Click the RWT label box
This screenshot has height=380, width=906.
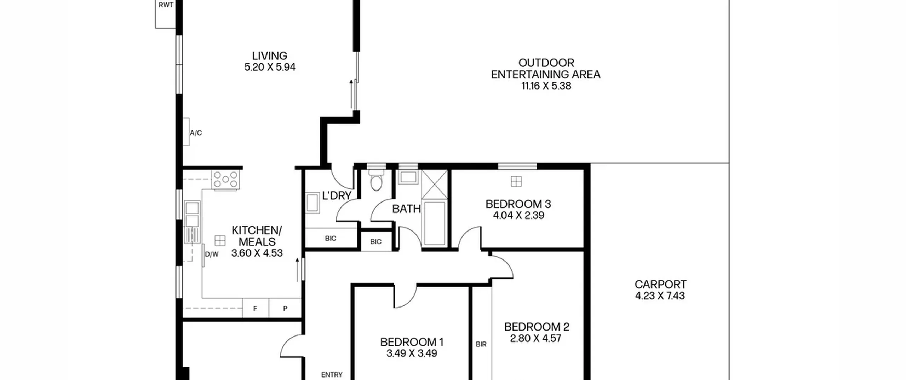pyautogui.click(x=166, y=14)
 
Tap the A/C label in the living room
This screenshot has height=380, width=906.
pyautogui.click(x=196, y=133)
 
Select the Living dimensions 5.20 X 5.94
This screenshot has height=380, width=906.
pyautogui.click(x=270, y=67)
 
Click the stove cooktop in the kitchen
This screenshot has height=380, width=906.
pyautogui.click(x=226, y=179)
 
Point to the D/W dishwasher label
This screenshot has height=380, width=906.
pyautogui.click(x=212, y=254)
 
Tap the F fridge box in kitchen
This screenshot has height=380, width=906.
pyautogui.click(x=256, y=308)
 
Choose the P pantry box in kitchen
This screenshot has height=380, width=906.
pyautogui.click(x=285, y=308)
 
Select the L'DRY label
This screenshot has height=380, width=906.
pyautogui.click(x=337, y=195)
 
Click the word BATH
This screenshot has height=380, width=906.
pyautogui.click(x=407, y=209)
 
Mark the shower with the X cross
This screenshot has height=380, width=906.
pyautogui.click(x=435, y=185)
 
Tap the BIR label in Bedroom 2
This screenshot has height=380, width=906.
pyautogui.click(x=481, y=344)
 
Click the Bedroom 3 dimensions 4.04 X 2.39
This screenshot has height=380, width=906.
pyautogui.click(x=518, y=215)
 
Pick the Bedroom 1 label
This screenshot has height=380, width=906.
pyautogui.click(x=412, y=342)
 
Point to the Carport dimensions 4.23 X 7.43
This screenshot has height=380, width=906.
pyautogui.click(x=660, y=296)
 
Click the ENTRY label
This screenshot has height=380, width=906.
pyautogui.click(x=332, y=375)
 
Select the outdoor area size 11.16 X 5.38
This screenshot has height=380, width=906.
pyautogui.click(x=546, y=86)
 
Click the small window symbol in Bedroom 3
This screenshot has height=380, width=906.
pyautogui.click(x=516, y=181)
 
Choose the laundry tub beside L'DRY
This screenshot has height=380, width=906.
pyautogui.click(x=313, y=203)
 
